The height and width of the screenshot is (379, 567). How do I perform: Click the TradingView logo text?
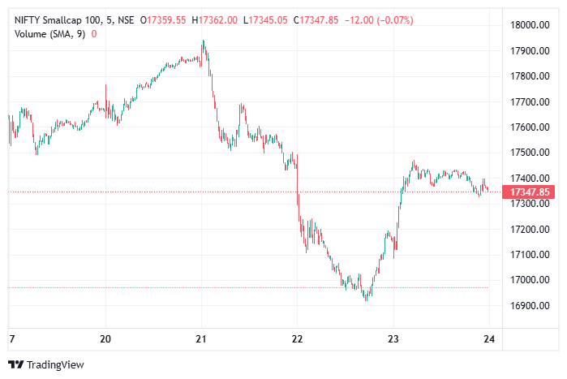point(55,365)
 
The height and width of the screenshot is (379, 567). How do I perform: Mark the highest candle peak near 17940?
point(204,41)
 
